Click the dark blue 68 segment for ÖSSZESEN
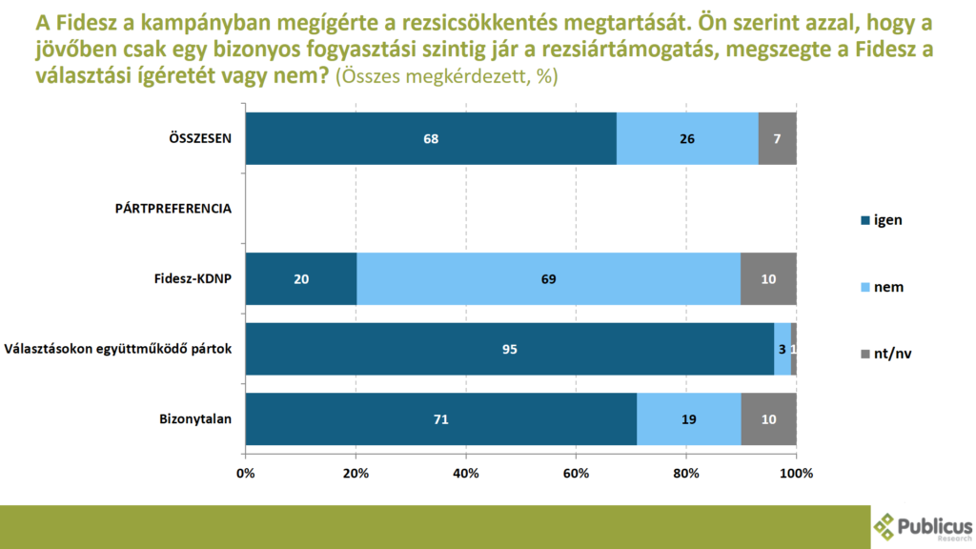tap(431, 138)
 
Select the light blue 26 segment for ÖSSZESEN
tap(687, 138)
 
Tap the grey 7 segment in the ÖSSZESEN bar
tap(778, 138)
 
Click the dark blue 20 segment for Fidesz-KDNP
tap(301, 279)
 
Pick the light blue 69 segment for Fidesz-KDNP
tap(548, 279)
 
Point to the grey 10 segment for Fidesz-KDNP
tap(769, 279)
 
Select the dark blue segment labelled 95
tap(510, 349)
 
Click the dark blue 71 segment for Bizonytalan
tap(441, 418)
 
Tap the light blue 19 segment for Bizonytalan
tap(689, 418)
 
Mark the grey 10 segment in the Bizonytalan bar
tap(769, 418)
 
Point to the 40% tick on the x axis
tap(466, 473)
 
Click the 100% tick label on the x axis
tap(796, 473)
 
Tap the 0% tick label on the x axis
tap(246, 473)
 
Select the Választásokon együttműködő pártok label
tap(118, 349)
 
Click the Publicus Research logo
tap(923, 527)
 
